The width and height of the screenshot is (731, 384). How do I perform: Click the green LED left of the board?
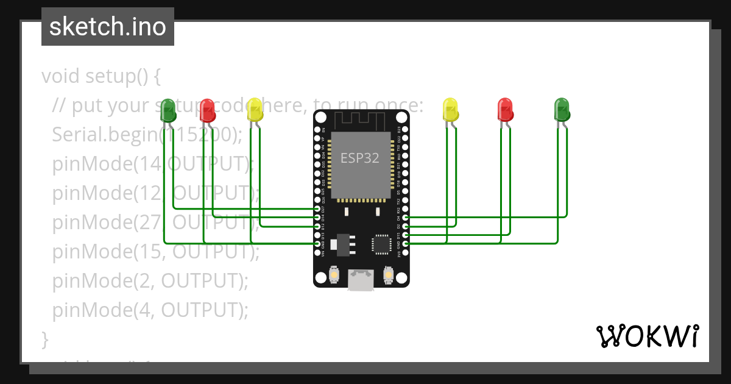(168, 110)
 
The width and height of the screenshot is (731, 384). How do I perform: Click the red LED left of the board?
(207, 110)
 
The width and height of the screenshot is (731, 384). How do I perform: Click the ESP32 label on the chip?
(359, 158)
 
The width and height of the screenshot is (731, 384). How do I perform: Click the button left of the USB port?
(334, 276)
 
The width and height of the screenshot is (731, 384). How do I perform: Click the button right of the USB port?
(389, 276)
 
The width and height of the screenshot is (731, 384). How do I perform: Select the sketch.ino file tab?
(108, 27)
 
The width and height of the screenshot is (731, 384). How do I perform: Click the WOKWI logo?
(647, 336)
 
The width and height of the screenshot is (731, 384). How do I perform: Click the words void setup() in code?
(101, 77)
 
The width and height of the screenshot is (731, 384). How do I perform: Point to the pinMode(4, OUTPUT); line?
(150, 310)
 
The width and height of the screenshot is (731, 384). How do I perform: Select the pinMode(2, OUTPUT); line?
(150, 281)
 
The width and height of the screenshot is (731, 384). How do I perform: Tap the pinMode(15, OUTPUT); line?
(156, 252)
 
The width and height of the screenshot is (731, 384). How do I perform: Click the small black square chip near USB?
(382, 244)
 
